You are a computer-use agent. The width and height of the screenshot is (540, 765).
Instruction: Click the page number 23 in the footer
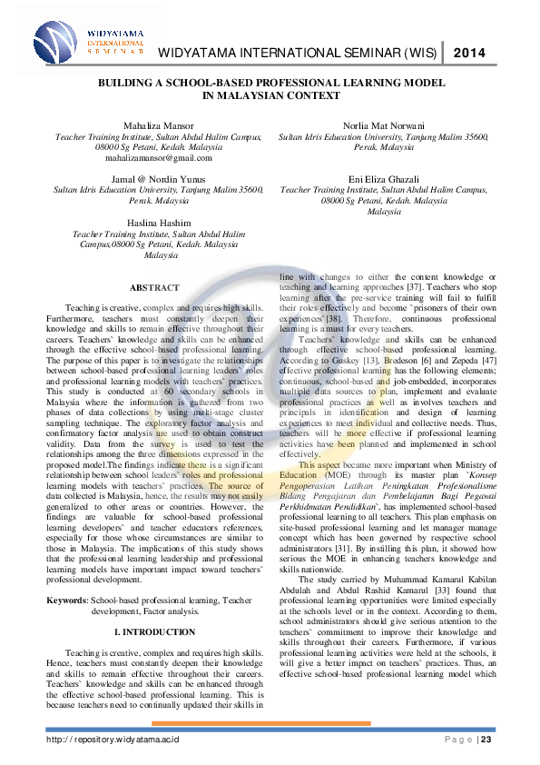pos(486,740)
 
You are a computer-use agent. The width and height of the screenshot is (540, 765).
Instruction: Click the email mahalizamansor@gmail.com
pos(159,157)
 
